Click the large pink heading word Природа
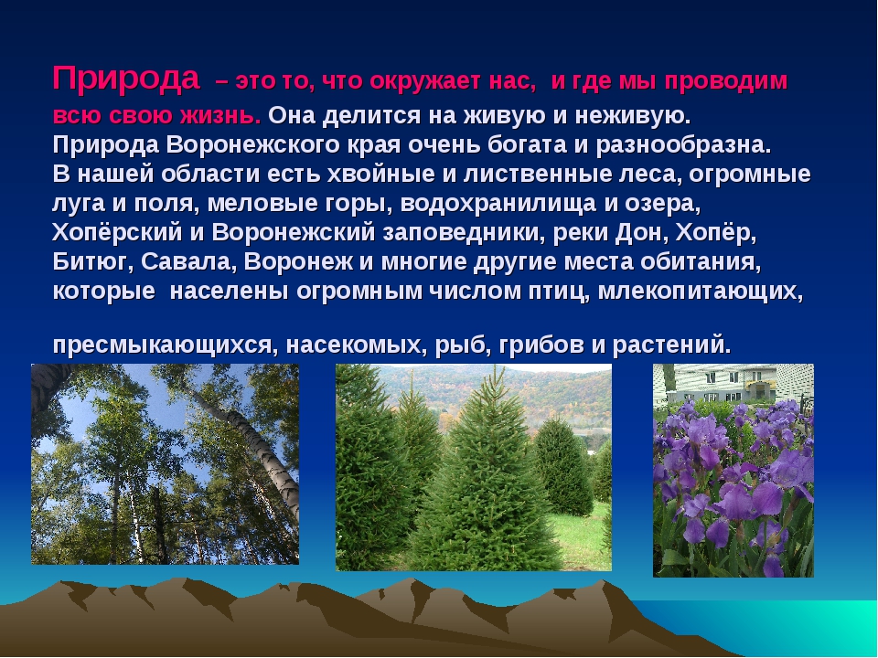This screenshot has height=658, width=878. tap(126, 80)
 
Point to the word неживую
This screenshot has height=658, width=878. tap(632, 116)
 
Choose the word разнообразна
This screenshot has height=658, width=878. tap(684, 146)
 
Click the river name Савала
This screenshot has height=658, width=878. tap(188, 262)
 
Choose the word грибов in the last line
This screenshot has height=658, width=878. tap(541, 345)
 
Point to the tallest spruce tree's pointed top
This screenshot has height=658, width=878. tap(495, 367)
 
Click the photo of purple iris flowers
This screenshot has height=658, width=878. tap(733, 471)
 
